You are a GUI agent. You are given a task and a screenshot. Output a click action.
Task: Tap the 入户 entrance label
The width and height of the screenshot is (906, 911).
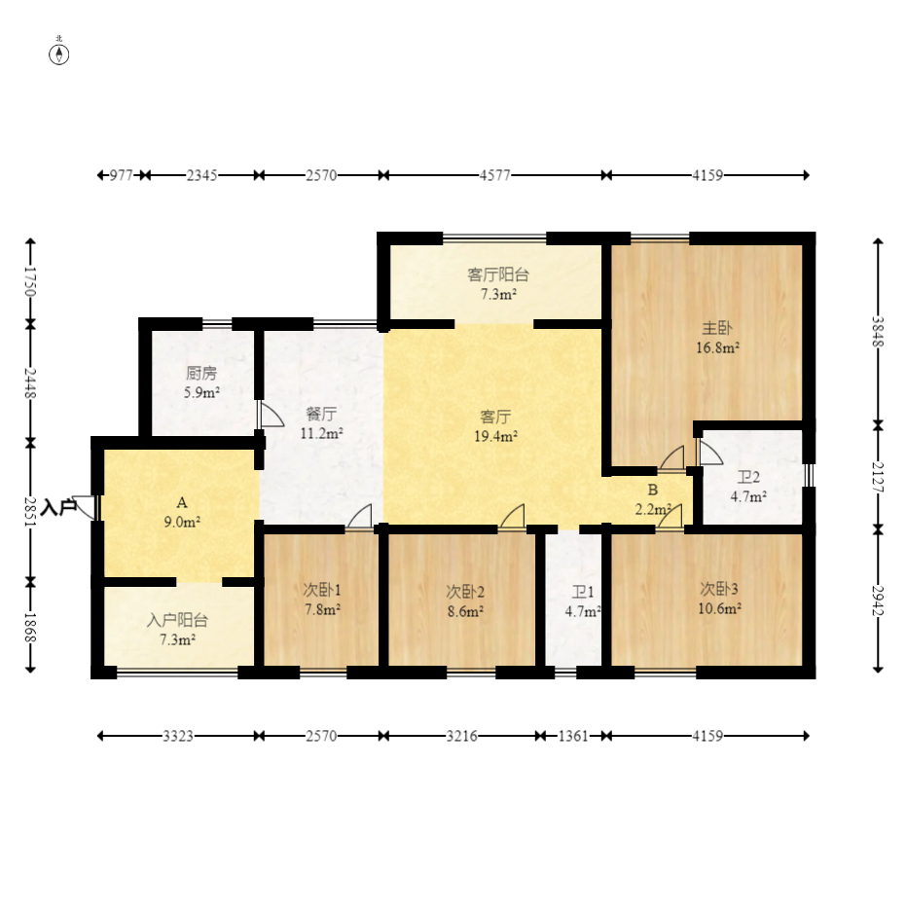(58, 507)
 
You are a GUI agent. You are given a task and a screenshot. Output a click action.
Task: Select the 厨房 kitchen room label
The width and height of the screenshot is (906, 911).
(200, 374)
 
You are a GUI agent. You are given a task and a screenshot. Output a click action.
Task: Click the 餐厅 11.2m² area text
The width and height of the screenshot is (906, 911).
(321, 433)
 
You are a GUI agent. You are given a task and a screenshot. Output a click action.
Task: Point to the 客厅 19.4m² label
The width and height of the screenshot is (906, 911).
(496, 426)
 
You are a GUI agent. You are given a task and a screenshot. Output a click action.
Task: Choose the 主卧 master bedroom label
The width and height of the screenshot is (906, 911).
(717, 328)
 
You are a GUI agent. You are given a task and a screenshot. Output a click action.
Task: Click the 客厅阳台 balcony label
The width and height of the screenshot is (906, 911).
(498, 274)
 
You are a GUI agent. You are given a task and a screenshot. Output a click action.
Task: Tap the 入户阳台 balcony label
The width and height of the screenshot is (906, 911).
(177, 620)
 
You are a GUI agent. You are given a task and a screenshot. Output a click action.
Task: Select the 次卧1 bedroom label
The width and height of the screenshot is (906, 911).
(322, 590)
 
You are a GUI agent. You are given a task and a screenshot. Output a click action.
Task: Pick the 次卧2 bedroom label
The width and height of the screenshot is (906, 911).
(465, 592)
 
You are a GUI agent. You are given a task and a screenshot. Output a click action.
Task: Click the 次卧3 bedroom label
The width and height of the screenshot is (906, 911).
(719, 589)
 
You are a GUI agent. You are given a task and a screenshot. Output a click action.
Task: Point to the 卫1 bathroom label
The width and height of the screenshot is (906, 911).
(583, 592)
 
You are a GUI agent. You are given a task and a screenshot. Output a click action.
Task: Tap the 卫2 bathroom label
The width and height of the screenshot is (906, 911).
(748, 478)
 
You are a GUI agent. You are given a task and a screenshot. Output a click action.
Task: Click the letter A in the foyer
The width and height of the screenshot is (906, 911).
(182, 502)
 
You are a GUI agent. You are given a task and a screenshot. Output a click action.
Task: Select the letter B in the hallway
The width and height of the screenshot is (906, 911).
(653, 490)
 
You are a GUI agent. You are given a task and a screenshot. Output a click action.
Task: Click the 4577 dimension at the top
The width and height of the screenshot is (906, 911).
(494, 175)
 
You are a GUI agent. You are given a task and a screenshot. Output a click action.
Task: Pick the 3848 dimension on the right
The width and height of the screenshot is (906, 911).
(878, 332)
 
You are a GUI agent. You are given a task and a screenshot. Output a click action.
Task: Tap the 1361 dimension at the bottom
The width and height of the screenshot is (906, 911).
(573, 736)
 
